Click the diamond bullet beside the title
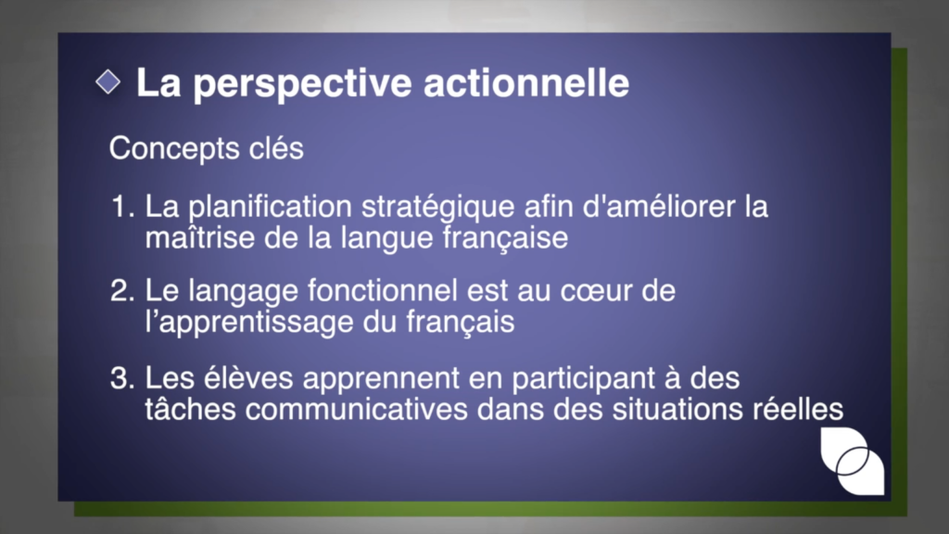pyautogui.click(x=108, y=82)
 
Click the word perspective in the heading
pyautogui.click(x=303, y=83)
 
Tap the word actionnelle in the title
pyautogui.click(x=526, y=83)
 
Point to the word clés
pyautogui.click(x=276, y=147)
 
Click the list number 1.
pyautogui.click(x=122, y=207)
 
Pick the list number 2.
pyautogui.click(x=122, y=290)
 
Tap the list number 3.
pyautogui.click(x=122, y=378)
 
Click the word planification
pyautogui.click(x=270, y=208)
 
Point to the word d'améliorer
pyautogui.click(x=659, y=207)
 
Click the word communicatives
pyautogui.click(x=357, y=409)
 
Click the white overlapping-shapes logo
pyautogui.click(x=853, y=461)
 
